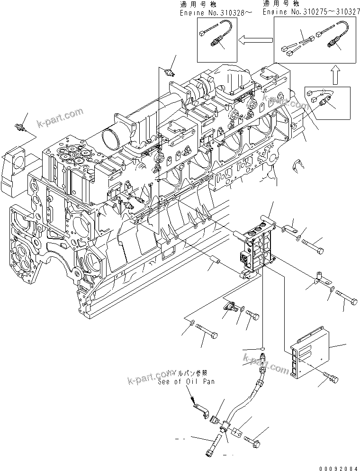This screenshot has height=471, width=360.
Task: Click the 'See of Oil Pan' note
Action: (x=185, y=382)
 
